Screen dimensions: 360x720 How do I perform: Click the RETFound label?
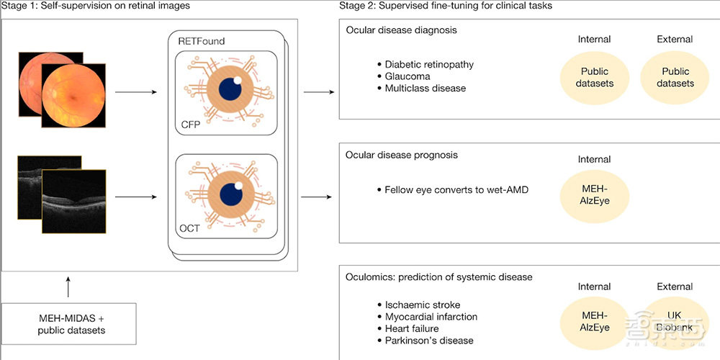[202, 41]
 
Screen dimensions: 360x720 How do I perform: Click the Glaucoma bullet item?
[407, 76]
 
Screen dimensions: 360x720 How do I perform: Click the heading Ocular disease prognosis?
[402, 155]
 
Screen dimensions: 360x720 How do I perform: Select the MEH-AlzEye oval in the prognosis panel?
[594, 194]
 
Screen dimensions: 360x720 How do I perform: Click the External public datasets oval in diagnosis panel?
[675, 77]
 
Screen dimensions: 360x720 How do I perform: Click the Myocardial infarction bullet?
[431, 317]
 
